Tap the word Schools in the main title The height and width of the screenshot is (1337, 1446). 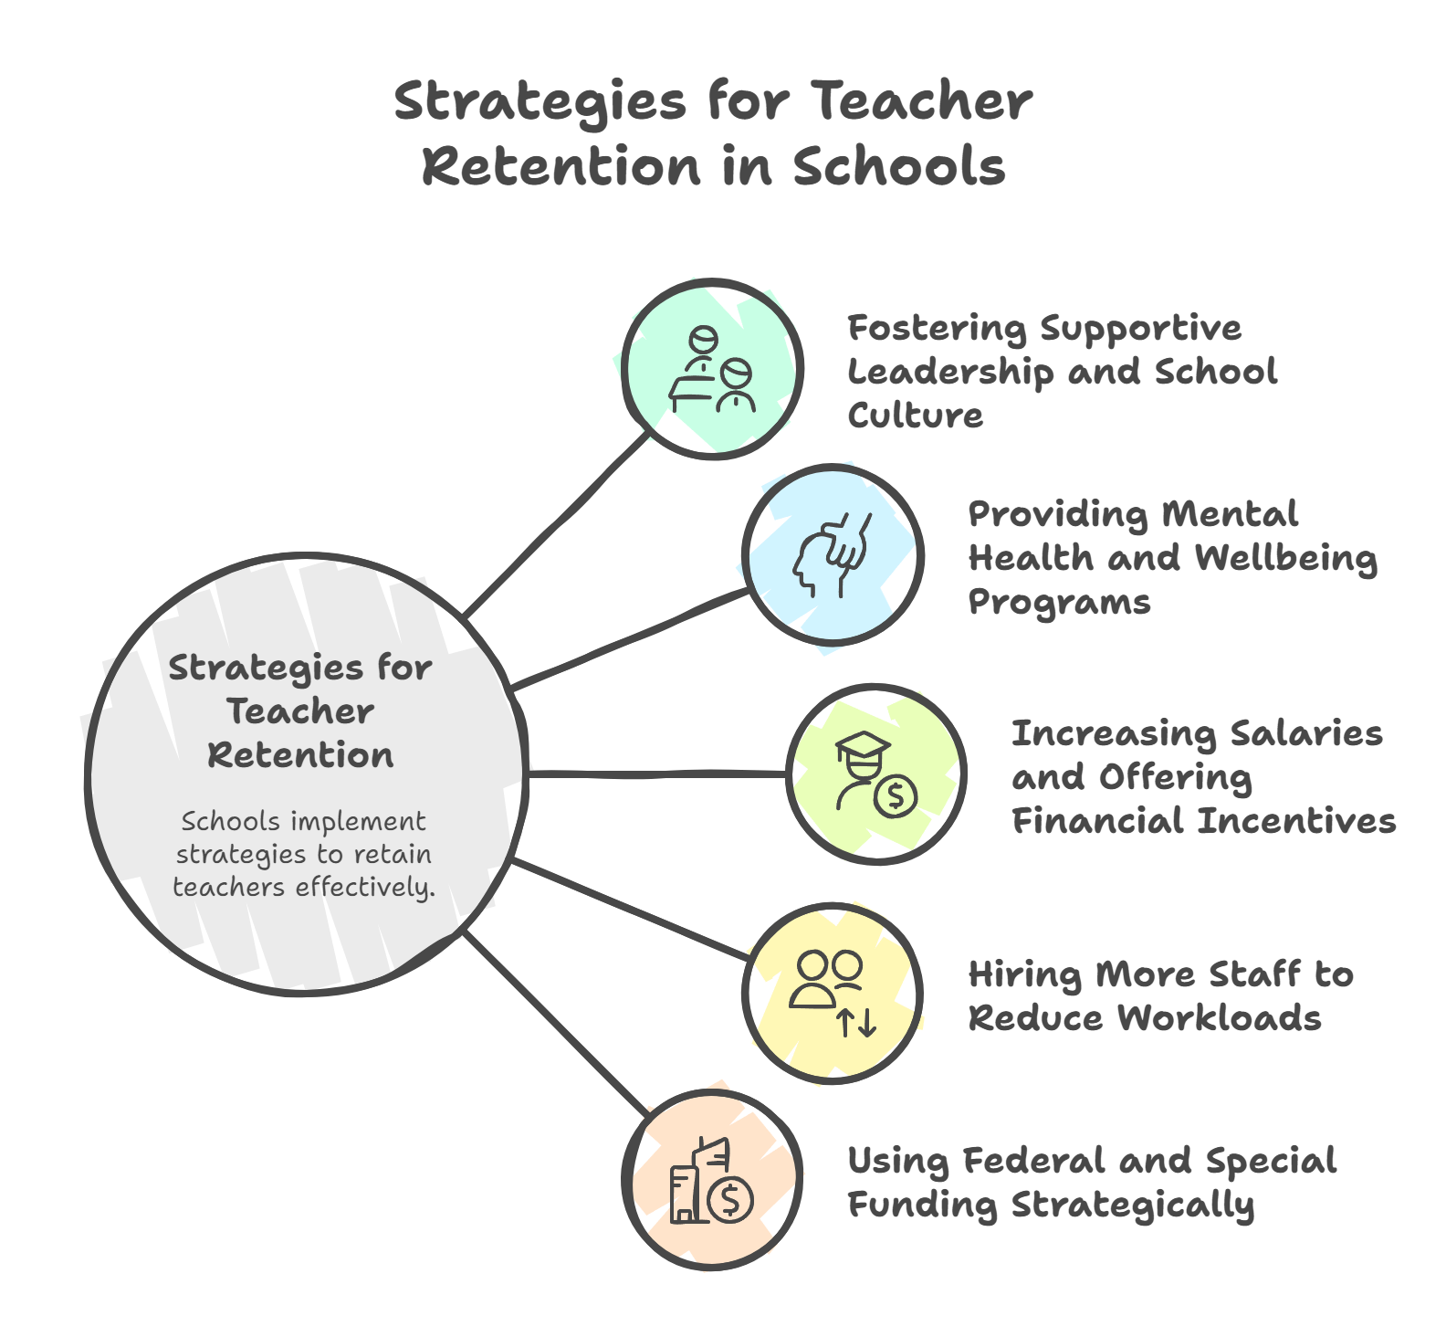[x=898, y=167]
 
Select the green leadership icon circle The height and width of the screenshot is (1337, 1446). [x=713, y=369]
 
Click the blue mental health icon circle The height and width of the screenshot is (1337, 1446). [x=832, y=555]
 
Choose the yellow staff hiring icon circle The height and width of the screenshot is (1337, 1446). [x=832, y=993]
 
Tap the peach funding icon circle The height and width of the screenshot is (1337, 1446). [x=713, y=1179]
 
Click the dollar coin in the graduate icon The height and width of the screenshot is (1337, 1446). [x=896, y=797]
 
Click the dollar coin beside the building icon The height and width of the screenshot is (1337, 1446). [x=730, y=1199]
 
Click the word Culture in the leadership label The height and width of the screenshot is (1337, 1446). [x=915, y=416]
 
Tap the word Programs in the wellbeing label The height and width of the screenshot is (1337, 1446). [x=1059, y=603]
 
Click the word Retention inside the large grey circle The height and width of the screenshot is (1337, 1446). [x=300, y=756]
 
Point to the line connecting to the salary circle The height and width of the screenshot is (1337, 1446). [x=657, y=774]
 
